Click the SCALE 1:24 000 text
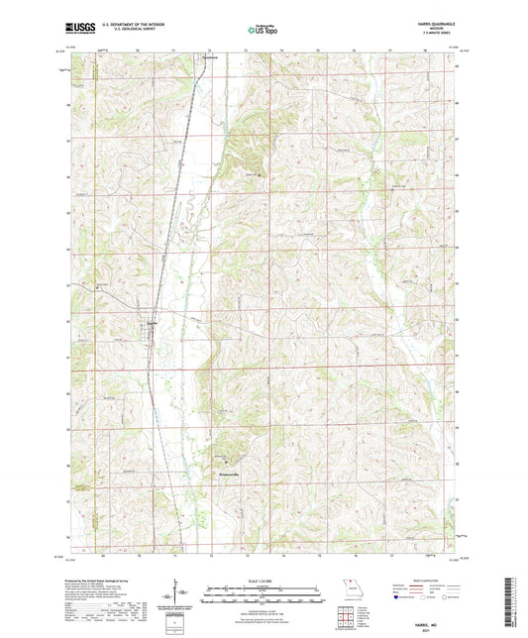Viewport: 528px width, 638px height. tap(263, 579)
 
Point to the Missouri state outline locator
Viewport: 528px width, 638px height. tap(345, 585)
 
